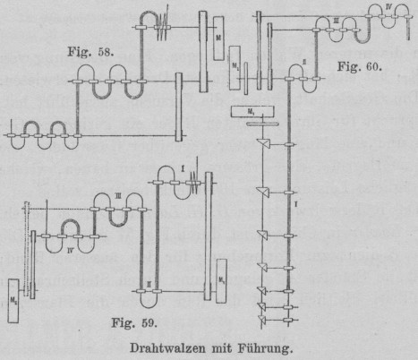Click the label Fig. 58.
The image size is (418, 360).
tap(90, 52)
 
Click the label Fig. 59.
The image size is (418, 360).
tap(134, 322)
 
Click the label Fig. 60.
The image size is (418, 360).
tap(360, 66)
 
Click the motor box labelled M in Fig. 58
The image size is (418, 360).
tap(218, 38)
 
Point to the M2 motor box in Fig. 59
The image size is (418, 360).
tap(13, 301)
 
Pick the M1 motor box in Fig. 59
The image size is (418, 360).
tap(221, 281)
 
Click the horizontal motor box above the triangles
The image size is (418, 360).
tap(252, 112)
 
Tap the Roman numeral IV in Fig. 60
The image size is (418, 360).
tap(388, 6)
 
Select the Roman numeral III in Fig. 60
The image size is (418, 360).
tap(337, 21)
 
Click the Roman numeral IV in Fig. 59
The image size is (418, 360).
tap(70, 251)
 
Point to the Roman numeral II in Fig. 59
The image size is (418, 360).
tap(149, 285)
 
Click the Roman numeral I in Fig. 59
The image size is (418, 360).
tap(183, 168)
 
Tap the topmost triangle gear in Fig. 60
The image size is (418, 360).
tap(264, 143)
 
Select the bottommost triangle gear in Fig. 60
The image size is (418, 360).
tap(262, 320)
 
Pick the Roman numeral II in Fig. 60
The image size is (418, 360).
tap(304, 63)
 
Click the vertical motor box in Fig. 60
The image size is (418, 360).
tap(235, 68)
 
